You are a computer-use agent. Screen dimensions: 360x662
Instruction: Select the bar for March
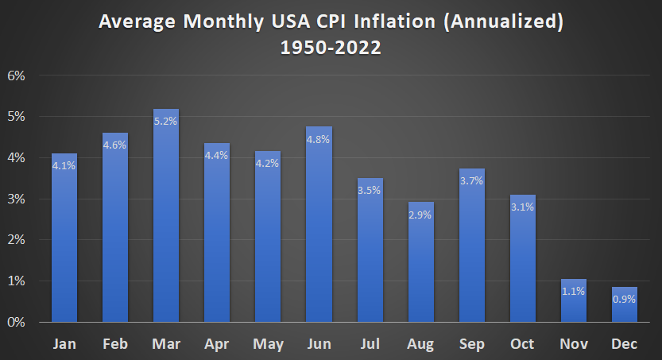(x=166, y=215)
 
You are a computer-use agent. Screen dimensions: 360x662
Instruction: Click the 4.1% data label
(x=64, y=165)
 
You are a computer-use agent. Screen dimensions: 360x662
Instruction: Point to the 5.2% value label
(x=166, y=122)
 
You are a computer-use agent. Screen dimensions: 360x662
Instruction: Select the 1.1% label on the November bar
(x=574, y=291)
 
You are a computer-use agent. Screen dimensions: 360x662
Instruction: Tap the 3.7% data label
(x=472, y=182)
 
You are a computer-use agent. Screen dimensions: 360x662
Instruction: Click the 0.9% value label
(x=625, y=300)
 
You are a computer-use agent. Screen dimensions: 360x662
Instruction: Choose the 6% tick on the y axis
(x=17, y=75)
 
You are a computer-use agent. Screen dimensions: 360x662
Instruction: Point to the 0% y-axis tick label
(x=17, y=322)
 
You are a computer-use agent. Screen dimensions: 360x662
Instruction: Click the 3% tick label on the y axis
(x=17, y=199)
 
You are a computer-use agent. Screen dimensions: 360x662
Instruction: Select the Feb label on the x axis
(x=115, y=343)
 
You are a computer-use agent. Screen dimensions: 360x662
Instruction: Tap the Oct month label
(x=523, y=343)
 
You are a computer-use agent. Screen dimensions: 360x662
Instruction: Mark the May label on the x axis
(x=268, y=343)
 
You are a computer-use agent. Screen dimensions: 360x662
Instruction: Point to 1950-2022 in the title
(x=331, y=47)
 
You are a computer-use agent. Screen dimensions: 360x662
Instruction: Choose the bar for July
(x=370, y=250)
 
